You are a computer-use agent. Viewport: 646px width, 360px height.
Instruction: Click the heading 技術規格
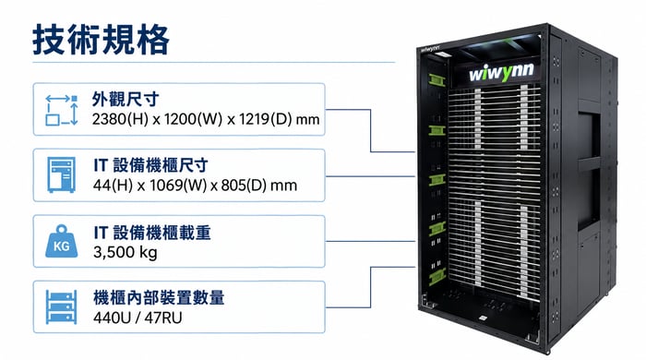[x=101, y=40]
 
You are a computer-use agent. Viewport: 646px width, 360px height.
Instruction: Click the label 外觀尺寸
[x=126, y=100]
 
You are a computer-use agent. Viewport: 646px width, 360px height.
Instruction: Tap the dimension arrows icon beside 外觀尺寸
[x=62, y=110]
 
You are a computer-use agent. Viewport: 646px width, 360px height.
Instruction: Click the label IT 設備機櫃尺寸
[x=150, y=165]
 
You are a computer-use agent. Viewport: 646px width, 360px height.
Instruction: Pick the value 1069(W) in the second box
[x=178, y=186]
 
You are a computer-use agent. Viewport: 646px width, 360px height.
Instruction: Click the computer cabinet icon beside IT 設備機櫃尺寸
[x=62, y=174]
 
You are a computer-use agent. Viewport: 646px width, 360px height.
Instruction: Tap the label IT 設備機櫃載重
[x=152, y=233]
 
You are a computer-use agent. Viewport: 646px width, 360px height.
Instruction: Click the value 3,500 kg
[x=126, y=252]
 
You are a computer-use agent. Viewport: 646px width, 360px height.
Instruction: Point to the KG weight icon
[x=62, y=241]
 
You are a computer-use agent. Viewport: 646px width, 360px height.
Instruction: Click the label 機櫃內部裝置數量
[x=159, y=298]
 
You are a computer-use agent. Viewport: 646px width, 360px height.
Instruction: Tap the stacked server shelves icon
[x=62, y=306]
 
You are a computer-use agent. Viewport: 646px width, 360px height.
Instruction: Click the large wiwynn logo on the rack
[x=501, y=73]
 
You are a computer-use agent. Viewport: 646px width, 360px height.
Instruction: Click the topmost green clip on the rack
[x=437, y=80]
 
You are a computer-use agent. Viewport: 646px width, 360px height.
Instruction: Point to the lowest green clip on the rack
[x=437, y=277]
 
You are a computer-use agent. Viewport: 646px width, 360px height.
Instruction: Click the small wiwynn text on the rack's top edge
[x=430, y=49]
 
